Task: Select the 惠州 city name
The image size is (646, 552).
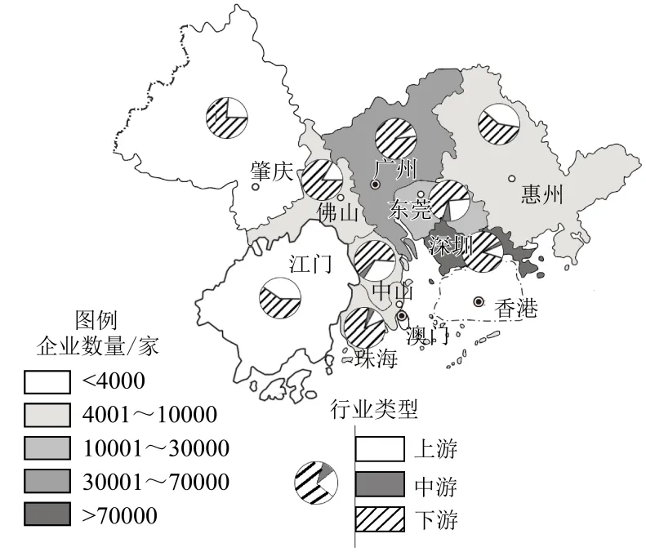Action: [x=542, y=194]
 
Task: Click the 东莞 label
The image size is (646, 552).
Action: [x=410, y=210]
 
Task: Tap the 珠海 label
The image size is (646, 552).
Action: [x=376, y=358]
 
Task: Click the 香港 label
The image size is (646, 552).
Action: [x=516, y=309]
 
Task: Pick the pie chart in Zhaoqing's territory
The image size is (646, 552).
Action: [x=226, y=118]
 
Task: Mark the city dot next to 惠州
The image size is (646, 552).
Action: [x=511, y=179]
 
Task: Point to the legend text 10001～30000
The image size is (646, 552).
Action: [x=156, y=448]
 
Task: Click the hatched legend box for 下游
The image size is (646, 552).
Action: [x=380, y=518]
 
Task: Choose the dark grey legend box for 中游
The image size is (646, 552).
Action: [x=380, y=484]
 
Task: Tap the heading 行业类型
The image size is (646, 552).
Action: [x=373, y=410]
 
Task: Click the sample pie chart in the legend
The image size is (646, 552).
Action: [x=316, y=483]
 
